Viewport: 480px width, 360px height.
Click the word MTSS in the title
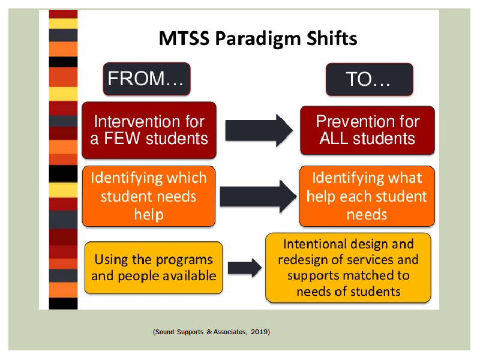184,38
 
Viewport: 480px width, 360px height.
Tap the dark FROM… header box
146,79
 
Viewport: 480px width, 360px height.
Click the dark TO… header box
370,79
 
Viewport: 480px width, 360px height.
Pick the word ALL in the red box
334,138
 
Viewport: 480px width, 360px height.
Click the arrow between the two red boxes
259,130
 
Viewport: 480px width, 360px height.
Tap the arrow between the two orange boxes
259,196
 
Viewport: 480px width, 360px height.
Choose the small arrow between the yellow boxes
245,268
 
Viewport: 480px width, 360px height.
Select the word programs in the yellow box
184,260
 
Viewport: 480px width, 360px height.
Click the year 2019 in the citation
259,332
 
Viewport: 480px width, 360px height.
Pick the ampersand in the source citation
209,332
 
